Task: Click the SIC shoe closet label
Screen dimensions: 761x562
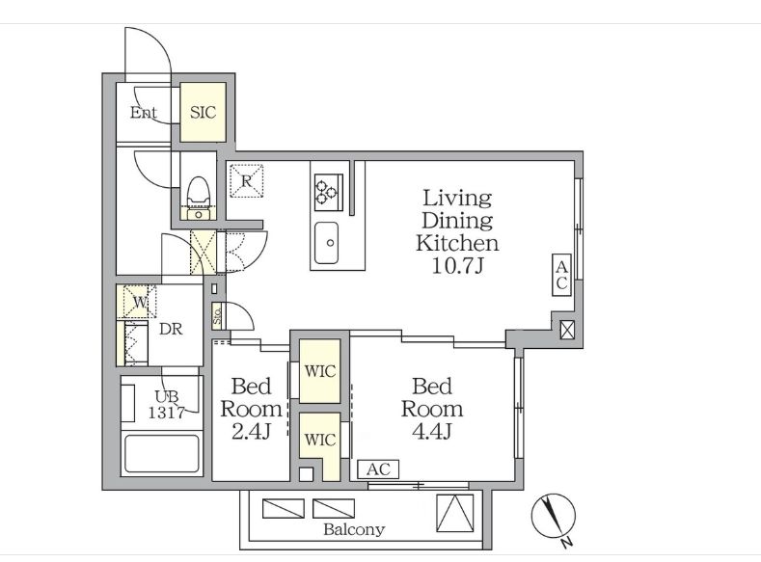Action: [x=203, y=113]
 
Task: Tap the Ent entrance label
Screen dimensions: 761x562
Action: [x=144, y=113]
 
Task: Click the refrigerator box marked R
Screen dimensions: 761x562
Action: [x=247, y=181]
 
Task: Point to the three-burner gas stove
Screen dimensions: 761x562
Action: [x=329, y=193]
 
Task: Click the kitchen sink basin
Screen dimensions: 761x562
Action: [x=326, y=243]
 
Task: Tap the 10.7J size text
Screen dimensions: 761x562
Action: [x=458, y=265]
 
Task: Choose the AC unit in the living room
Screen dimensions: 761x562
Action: [x=561, y=275]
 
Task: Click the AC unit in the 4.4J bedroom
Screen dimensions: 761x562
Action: [x=378, y=469]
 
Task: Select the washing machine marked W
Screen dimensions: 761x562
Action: [x=140, y=302]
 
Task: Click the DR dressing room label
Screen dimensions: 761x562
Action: [x=171, y=330]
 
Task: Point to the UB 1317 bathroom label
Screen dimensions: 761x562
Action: [x=167, y=405]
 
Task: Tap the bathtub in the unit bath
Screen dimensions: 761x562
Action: [x=162, y=453]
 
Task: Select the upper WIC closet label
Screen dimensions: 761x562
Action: [x=320, y=371]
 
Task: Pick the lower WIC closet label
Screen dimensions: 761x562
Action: [x=320, y=440]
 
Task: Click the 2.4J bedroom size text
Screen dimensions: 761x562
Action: [x=251, y=431]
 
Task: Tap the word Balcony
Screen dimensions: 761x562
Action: [x=354, y=529]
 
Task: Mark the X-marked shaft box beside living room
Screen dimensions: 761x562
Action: [x=567, y=330]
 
